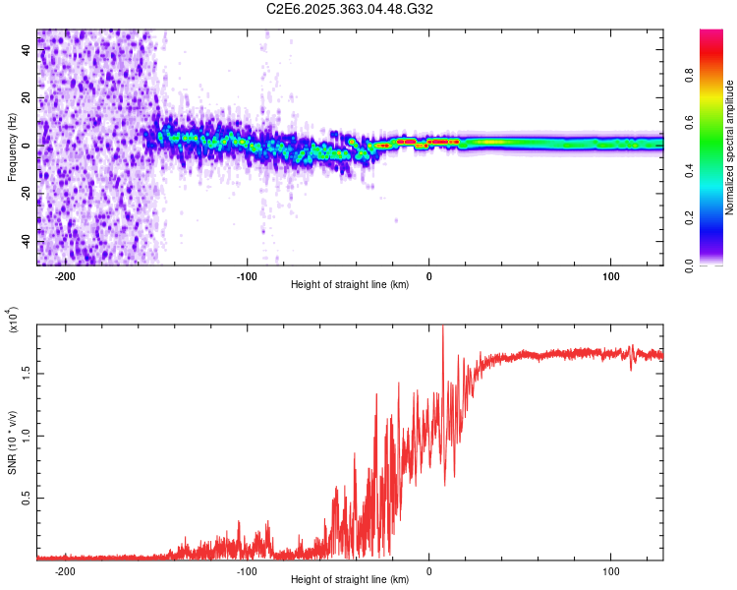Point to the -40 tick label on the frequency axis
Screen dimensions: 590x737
pos(25,241)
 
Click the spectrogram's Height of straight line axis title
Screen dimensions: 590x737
pos(350,286)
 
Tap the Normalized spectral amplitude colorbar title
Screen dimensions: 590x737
pos(730,147)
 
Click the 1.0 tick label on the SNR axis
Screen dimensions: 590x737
pos(25,436)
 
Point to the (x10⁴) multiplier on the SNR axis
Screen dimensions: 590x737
pos(14,322)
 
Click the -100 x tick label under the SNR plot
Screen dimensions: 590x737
pos(247,571)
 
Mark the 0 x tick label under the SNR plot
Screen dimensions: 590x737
pos(428,571)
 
